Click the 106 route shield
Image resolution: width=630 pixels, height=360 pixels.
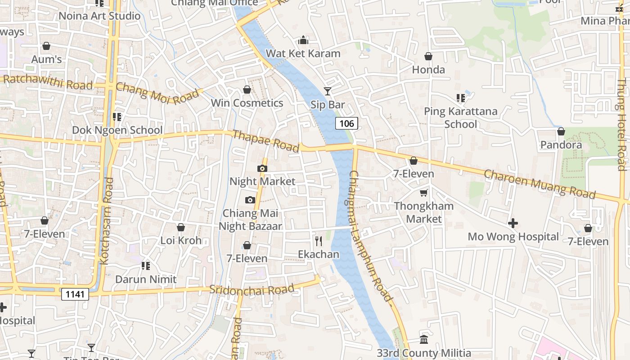coord(346,123)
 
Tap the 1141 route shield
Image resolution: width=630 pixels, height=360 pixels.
coord(75,294)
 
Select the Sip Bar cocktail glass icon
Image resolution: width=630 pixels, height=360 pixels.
coord(328,91)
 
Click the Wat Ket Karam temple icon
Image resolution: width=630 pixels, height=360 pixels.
coord(303,40)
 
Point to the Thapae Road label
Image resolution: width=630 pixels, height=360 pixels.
coord(265,141)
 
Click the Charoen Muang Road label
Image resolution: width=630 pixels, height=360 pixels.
coord(540,184)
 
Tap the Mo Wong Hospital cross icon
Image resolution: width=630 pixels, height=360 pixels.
coord(513,223)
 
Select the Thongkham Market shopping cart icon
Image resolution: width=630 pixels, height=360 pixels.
coord(423,193)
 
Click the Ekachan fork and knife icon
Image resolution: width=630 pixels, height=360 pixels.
coord(319,241)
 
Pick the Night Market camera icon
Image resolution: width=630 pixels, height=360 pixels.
coord(262,169)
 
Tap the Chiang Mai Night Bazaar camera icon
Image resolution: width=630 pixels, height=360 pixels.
coord(250,200)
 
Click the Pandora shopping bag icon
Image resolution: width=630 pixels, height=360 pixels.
coord(561,131)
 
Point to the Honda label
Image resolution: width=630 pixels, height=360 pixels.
coord(428,70)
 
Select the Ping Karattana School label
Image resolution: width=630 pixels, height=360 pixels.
coord(460,117)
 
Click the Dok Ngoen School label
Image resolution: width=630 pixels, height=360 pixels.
coord(117,130)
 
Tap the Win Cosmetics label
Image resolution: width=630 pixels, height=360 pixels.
coord(247,103)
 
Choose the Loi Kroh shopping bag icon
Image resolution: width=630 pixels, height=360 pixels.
coord(180,227)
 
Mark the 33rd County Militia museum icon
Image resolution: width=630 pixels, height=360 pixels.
coord(423,339)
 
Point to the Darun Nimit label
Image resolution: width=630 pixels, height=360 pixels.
coord(146,279)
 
